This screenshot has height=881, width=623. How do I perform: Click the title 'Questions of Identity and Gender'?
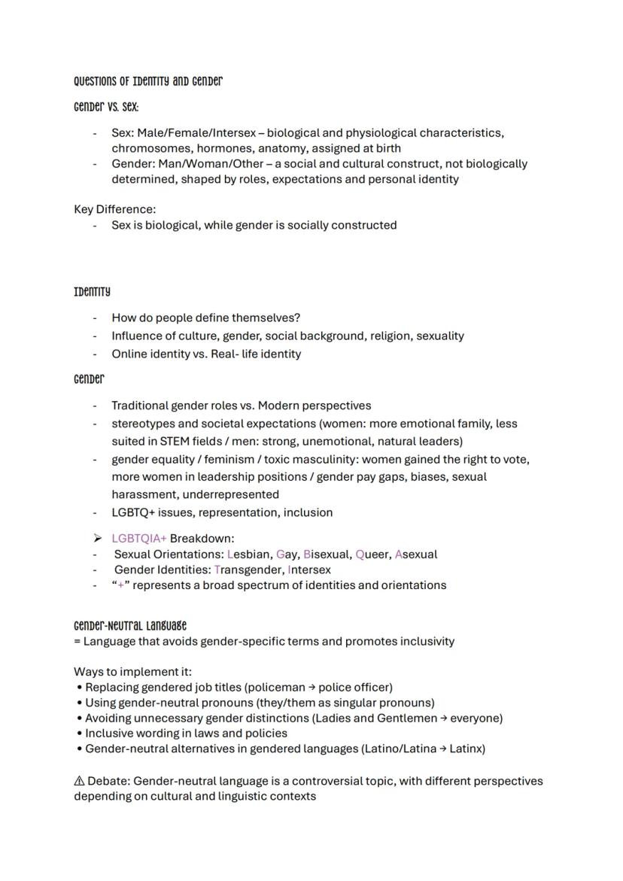point(147,81)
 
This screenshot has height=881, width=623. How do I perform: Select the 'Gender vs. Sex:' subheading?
point(106,107)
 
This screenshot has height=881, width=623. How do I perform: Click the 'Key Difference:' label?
point(114,209)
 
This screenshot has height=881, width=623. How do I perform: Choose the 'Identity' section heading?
point(92,291)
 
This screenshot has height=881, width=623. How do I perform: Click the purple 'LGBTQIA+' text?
point(139,539)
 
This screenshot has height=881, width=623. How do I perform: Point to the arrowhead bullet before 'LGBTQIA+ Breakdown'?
point(97,539)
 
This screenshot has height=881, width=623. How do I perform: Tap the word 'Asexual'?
point(415,554)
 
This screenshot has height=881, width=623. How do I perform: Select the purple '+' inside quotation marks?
point(120,585)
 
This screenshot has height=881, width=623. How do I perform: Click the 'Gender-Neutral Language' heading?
point(130,626)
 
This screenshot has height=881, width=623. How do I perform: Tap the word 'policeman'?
point(280,687)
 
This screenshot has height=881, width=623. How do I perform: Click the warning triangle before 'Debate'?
point(79,781)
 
